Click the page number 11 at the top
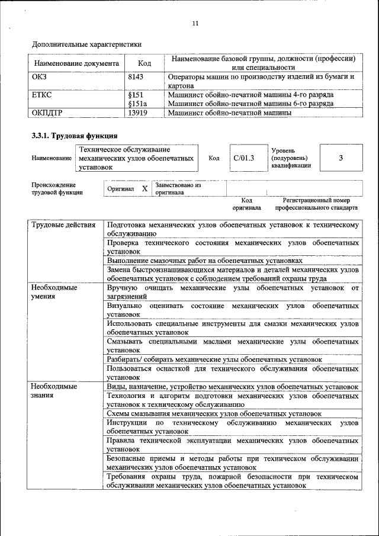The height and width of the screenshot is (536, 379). (x=195, y=23)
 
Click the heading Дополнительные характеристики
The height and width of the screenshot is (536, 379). (x=86, y=44)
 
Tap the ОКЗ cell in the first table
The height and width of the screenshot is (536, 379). (x=39, y=77)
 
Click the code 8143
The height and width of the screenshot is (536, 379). (x=136, y=77)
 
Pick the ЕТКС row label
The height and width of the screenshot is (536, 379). (x=41, y=95)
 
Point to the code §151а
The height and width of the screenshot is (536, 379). (x=137, y=104)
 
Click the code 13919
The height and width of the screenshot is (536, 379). (x=137, y=113)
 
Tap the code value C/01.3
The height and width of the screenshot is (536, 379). (x=243, y=158)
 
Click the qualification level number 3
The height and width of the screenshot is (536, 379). (x=341, y=158)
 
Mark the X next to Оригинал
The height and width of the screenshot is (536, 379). (x=144, y=189)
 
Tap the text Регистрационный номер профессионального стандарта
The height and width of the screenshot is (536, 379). (x=316, y=204)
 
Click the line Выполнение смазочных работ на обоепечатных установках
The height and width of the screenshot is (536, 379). (x=205, y=260)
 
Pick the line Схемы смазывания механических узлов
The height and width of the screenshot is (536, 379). (x=214, y=413)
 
